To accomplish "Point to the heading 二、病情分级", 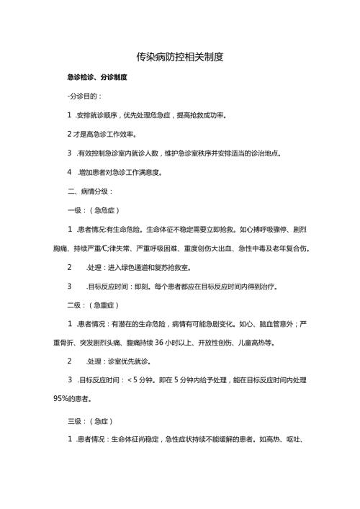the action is [x=89, y=192].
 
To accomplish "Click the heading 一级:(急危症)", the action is [x=93, y=210].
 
